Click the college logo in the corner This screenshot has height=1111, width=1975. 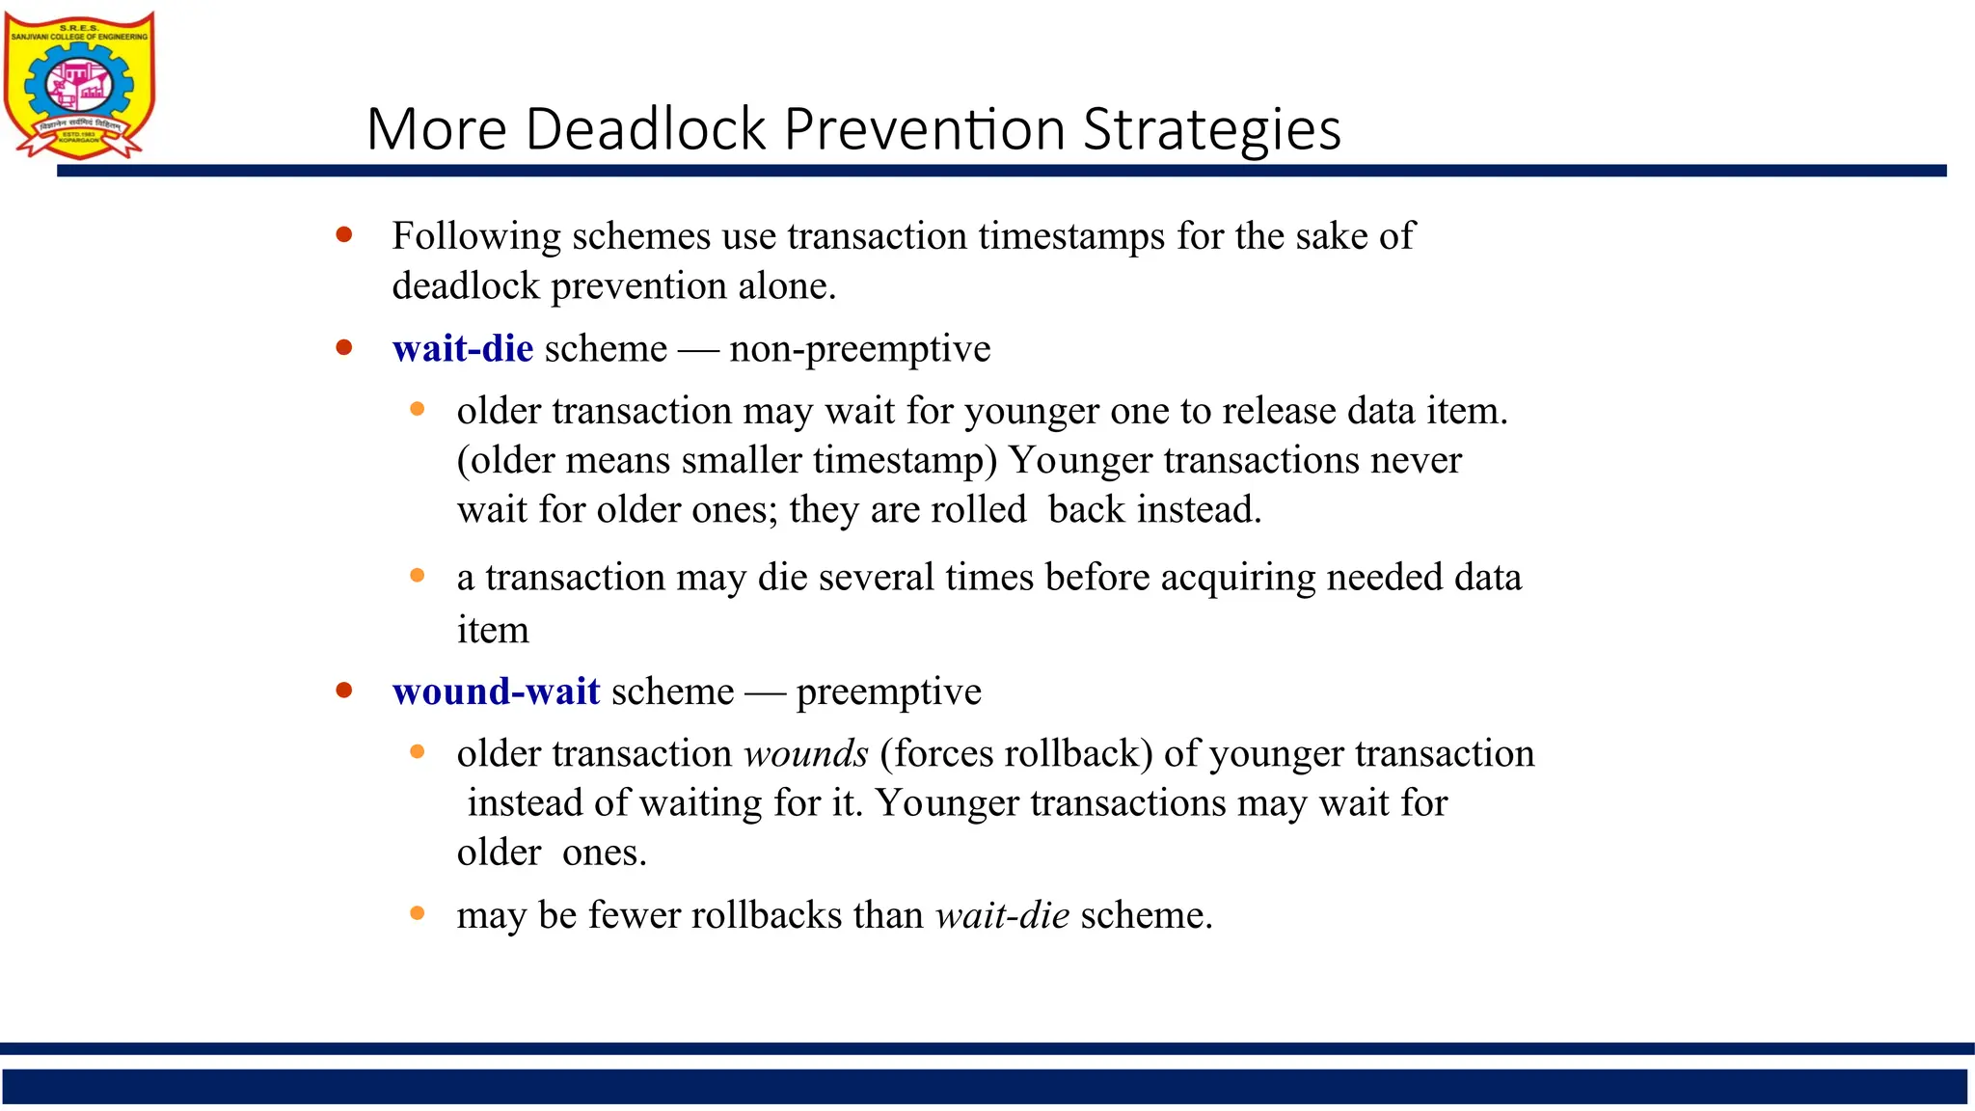click(79, 85)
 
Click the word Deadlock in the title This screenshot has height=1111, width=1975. click(646, 128)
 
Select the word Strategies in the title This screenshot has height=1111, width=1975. click(1211, 128)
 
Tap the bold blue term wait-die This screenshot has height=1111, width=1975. click(462, 348)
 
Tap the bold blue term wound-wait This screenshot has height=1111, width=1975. click(496, 691)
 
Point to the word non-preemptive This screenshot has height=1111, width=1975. click(859, 348)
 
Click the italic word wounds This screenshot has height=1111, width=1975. click(806, 753)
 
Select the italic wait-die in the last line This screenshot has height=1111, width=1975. click(1002, 914)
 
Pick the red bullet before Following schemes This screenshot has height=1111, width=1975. click(344, 234)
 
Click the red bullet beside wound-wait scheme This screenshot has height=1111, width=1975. click(344, 690)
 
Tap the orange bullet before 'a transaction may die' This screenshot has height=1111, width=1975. click(418, 576)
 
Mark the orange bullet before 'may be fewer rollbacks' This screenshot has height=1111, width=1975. click(418, 912)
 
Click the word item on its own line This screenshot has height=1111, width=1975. click(493, 631)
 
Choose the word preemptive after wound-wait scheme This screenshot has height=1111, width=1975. click(888, 692)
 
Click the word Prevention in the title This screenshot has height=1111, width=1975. click(924, 128)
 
